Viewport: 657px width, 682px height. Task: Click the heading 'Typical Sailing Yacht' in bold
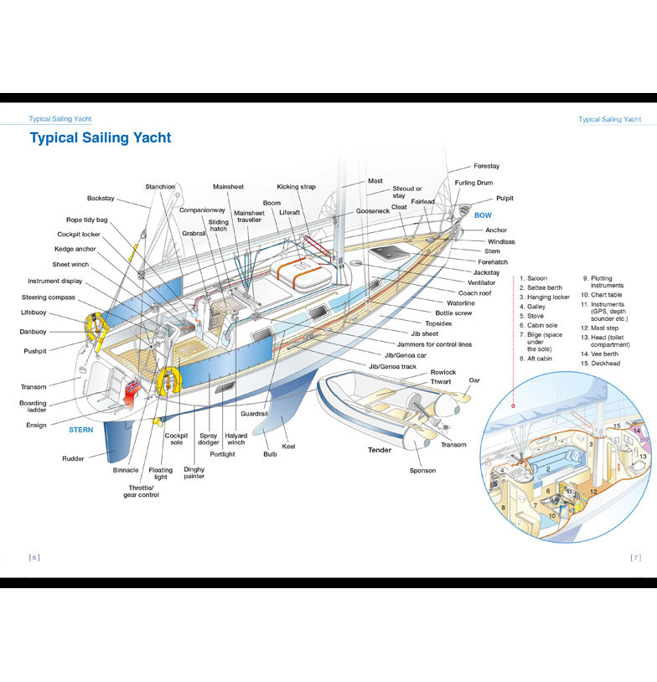[x=101, y=138]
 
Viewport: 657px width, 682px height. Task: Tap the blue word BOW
[x=484, y=215]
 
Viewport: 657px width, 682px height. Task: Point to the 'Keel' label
[x=289, y=447]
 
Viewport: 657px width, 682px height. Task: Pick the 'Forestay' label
[x=486, y=167]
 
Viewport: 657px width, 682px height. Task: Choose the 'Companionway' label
[x=202, y=210]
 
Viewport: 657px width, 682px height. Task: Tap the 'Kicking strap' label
[x=296, y=187]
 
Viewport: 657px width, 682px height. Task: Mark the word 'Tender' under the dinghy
[x=380, y=450]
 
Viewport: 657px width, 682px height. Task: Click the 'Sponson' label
[x=422, y=471]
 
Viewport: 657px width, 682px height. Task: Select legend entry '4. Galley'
[x=532, y=307]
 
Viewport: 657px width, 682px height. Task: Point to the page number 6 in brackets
[x=34, y=557]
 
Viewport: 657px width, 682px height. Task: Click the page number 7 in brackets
[x=635, y=557]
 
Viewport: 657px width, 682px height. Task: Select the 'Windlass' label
[x=501, y=241]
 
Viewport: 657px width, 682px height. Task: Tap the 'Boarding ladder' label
[x=34, y=407]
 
